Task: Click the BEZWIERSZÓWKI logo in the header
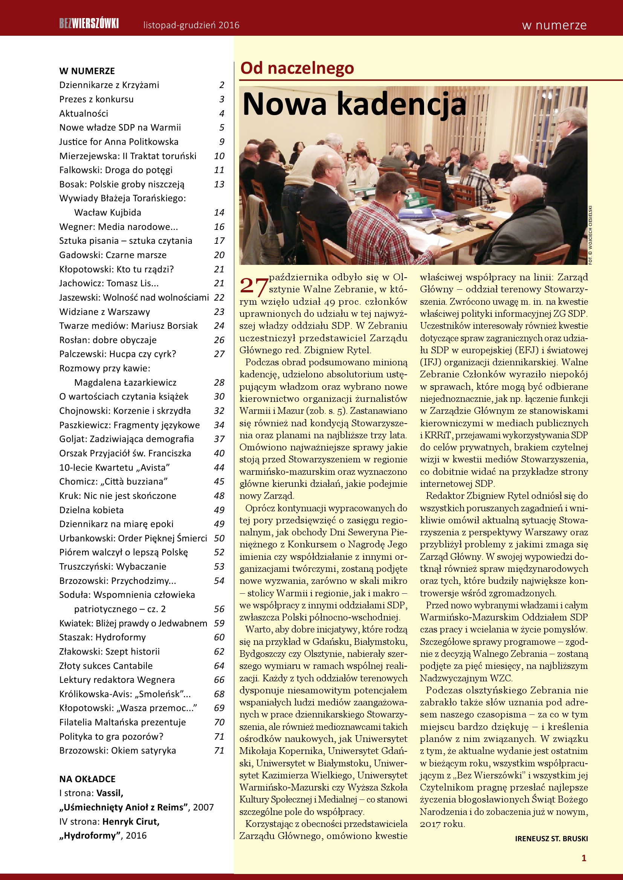89,24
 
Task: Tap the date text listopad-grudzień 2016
191,25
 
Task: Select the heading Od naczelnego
296,68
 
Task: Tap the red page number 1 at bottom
584,858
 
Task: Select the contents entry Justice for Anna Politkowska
119,142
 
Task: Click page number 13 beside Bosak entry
219,184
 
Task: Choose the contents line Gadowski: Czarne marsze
113,255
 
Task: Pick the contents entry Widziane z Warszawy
104,312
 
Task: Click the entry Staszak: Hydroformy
102,637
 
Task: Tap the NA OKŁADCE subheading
87,779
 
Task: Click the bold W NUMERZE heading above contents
87,71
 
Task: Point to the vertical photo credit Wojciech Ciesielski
591,234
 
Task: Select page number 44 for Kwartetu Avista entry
219,468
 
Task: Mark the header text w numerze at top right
554,25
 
